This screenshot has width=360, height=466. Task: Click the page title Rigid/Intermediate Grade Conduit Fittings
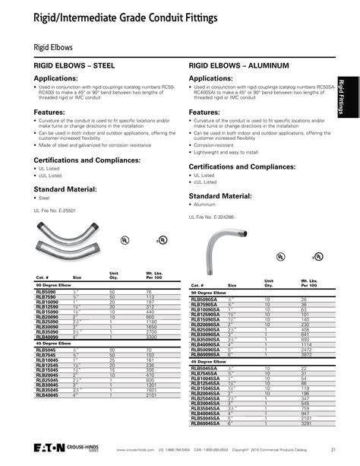115,15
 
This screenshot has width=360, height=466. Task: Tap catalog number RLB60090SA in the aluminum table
205,355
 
